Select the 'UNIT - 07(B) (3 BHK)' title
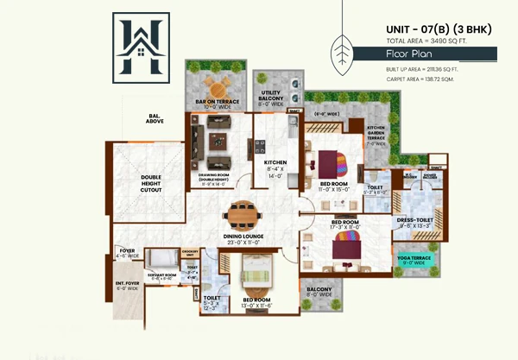tap(439, 30)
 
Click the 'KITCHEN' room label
tap(275, 161)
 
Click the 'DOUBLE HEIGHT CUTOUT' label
tap(152, 183)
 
